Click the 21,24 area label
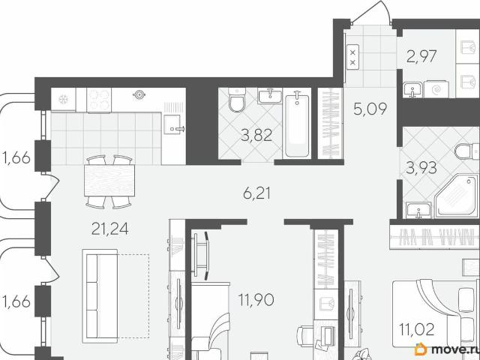click(110, 229)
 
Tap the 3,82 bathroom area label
click(256, 135)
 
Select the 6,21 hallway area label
click(256, 193)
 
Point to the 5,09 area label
click(370, 109)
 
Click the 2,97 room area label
click(421, 56)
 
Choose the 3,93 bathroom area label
click(421, 168)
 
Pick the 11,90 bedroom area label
click(256, 300)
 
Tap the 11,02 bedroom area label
click(417, 330)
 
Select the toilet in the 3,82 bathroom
click(237, 100)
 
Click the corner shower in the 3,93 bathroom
click(456, 196)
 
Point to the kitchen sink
click(174, 124)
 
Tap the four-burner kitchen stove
click(99, 100)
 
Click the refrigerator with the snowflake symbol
click(63, 99)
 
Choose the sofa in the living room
click(100, 296)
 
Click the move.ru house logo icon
click(421, 349)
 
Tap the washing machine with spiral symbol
click(436, 89)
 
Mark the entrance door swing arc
click(383, 6)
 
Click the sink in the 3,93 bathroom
click(418, 210)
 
